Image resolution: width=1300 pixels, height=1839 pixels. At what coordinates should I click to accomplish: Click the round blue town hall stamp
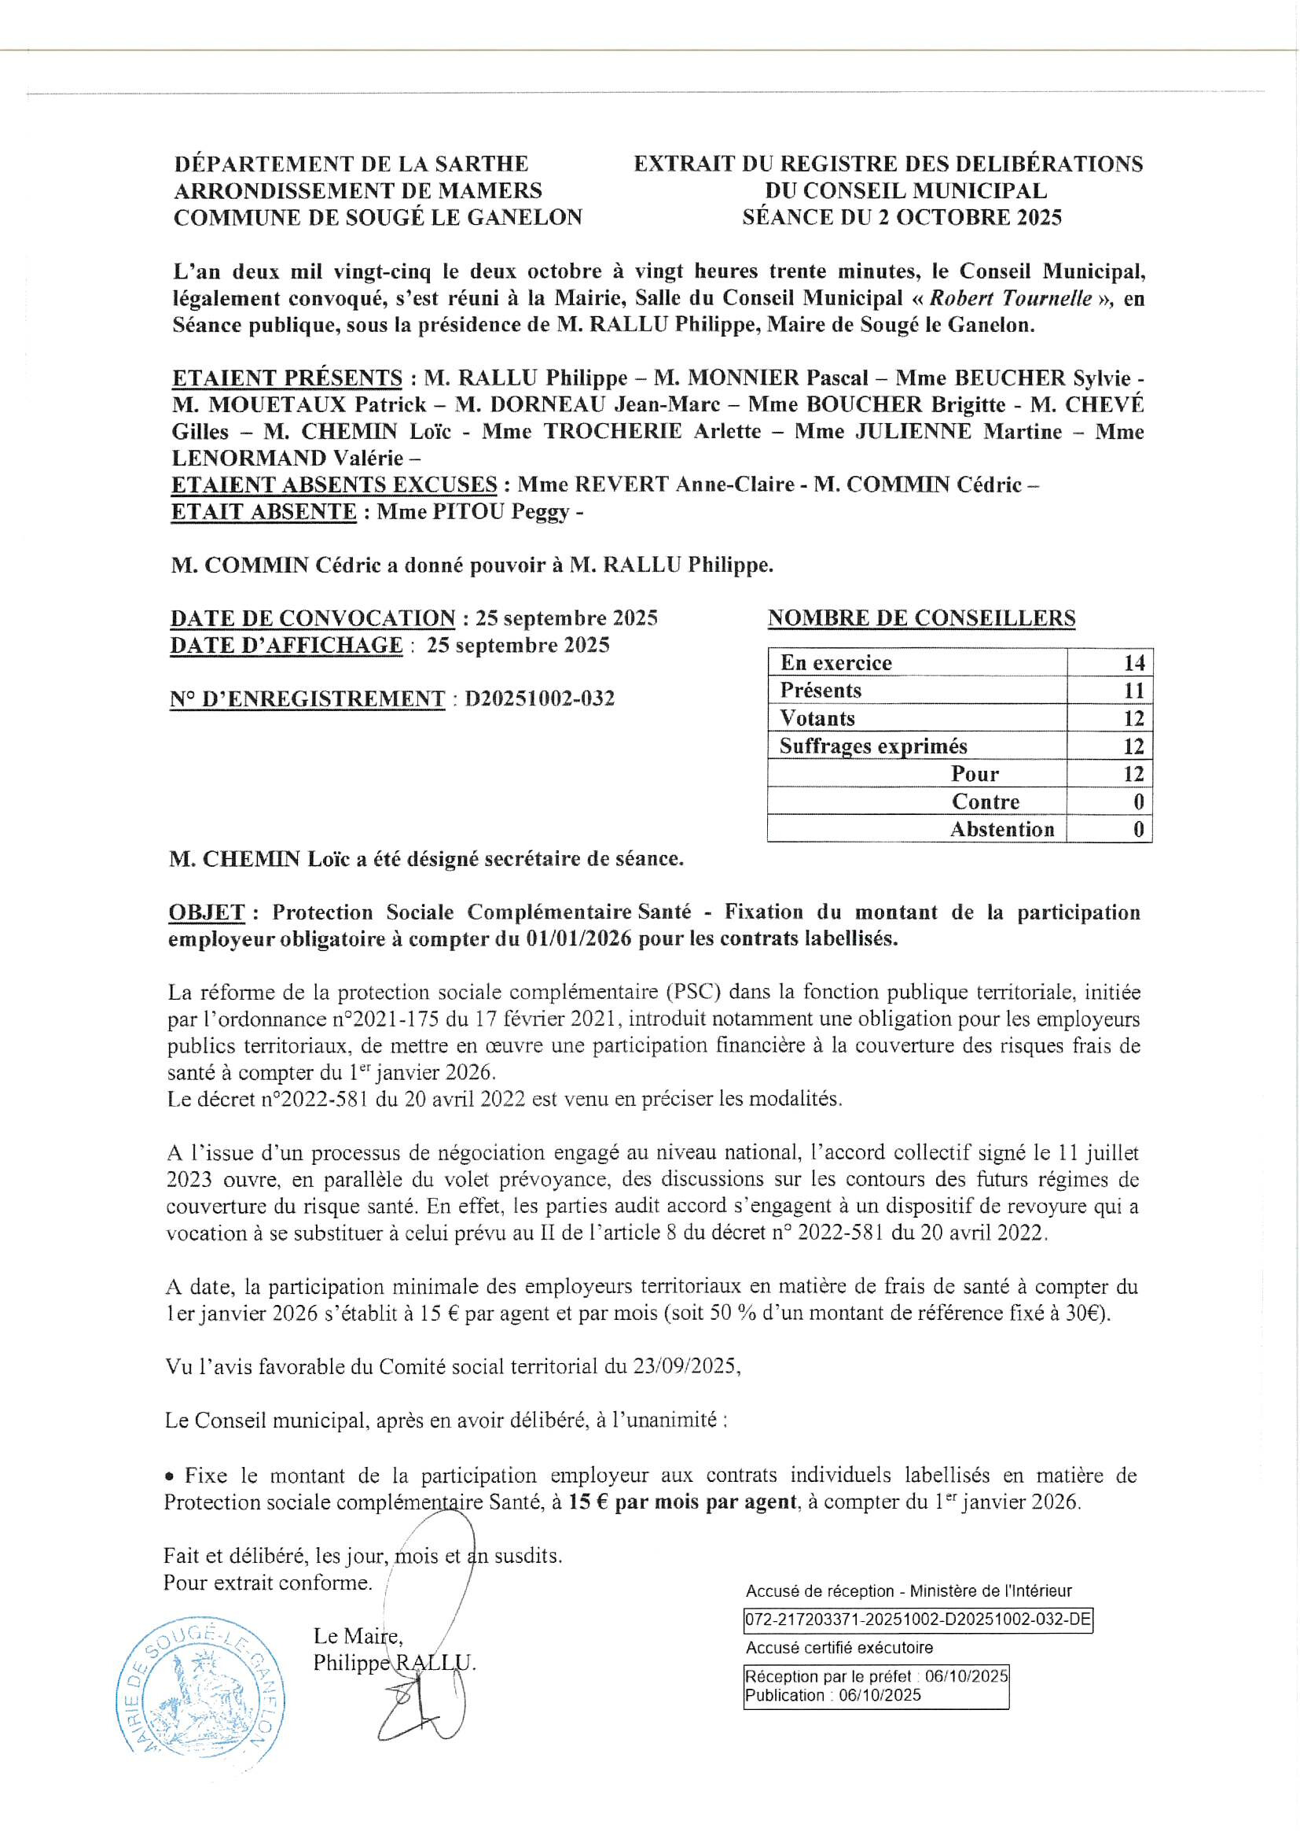pyautogui.click(x=200, y=1698)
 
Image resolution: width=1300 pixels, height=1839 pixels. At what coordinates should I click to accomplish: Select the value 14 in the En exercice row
pyautogui.click(x=1133, y=663)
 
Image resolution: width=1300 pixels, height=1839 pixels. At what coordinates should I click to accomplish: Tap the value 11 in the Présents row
pyautogui.click(x=1133, y=691)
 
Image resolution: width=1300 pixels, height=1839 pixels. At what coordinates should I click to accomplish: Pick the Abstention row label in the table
pyautogui.click(x=1001, y=830)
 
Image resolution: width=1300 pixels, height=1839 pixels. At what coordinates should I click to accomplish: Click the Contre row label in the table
pyautogui.click(x=986, y=802)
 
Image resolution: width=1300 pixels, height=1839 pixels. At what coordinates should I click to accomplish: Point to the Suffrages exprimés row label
pyautogui.click(x=872, y=746)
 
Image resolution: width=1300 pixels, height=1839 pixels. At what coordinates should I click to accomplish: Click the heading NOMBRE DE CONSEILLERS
pyautogui.click(x=921, y=618)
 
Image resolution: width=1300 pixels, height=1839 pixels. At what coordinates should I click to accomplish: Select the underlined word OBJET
pyautogui.click(x=207, y=912)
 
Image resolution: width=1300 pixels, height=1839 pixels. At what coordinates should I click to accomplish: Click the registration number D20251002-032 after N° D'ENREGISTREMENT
pyautogui.click(x=539, y=698)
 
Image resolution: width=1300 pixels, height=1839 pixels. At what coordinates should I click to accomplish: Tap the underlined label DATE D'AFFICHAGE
pyautogui.click(x=286, y=646)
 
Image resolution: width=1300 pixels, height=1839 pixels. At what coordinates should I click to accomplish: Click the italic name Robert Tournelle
pyautogui.click(x=1010, y=299)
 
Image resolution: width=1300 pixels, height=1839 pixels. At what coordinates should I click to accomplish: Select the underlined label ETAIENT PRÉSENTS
pyautogui.click(x=287, y=378)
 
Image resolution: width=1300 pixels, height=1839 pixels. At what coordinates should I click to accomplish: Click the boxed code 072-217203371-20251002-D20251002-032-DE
pyautogui.click(x=918, y=1620)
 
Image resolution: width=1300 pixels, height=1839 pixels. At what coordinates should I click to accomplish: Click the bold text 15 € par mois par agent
pyautogui.click(x=683, y=1502)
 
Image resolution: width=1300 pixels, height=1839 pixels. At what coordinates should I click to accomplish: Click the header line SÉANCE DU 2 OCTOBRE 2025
pyautogui.click(x=902, y=218)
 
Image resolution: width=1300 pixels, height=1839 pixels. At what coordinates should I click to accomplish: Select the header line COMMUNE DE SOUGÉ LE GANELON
pyautogui.click(x=378, y=218)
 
